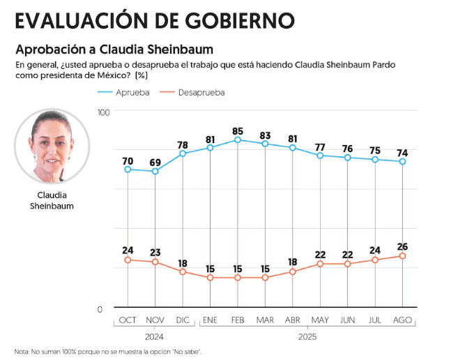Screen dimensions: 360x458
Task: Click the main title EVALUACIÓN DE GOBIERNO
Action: [x=154, y=20]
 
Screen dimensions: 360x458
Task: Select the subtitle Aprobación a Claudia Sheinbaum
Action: [x=114, y=50]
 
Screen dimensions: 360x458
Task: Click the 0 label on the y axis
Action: [x=99, y=309]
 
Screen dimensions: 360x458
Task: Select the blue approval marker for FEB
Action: [x=238, y=140]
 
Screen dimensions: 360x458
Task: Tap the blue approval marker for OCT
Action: [x=128, y=170]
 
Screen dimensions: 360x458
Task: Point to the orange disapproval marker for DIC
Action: [x=183, y=272]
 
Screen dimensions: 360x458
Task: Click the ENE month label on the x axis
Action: [x=210, y=320]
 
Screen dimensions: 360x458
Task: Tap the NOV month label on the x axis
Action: [x=155, y=320]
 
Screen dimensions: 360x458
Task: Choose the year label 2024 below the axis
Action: [x=155, y=336]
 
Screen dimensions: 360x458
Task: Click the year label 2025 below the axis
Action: [x=307, y=336]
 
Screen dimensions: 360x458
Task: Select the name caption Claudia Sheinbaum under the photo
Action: [x=52, y=200]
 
